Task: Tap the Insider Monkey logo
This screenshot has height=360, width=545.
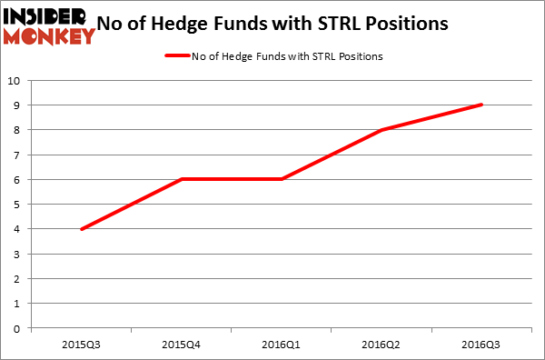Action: (x=49, y=25)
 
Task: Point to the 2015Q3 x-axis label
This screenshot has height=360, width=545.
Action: (x=81, y=345)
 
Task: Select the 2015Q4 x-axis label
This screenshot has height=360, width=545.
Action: (x=182, y=345)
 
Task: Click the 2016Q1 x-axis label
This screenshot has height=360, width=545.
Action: (x=282, y=345)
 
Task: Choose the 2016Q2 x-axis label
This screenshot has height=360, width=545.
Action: (x=382, y=345)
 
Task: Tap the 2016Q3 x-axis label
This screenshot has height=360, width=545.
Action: (x=482, y=345)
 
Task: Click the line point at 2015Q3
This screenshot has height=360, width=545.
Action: (x=82, y=229)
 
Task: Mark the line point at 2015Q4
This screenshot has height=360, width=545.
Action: (x=182, y=179)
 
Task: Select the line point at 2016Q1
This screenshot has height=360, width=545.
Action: (x=282, y=179)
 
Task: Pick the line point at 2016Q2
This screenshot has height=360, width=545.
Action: (x=382, y=130)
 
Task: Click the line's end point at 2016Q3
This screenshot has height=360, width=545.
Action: (x=482, y=105)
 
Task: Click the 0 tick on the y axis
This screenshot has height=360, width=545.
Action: (x=19, y=328)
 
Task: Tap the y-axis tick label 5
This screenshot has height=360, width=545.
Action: (x=19, y=205)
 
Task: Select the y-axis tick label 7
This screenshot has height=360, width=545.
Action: (x=19, y=155)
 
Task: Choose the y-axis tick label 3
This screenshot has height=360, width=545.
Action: (x=19, y=254)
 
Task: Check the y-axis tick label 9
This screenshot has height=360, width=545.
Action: (x=19, y=105)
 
